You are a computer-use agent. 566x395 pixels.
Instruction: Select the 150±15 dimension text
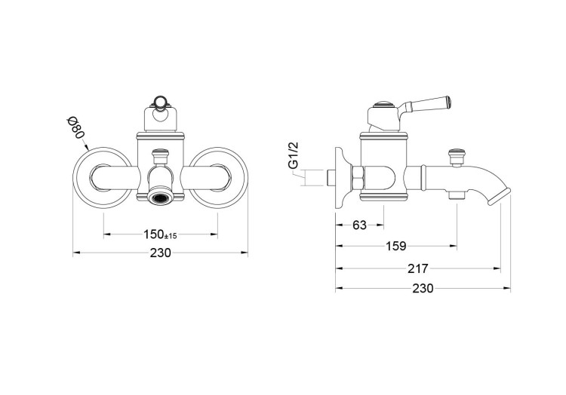[x=160, y=235]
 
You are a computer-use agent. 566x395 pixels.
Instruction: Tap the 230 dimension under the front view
[x=160, y=253]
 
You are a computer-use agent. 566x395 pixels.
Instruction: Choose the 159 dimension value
[x=395, y=246]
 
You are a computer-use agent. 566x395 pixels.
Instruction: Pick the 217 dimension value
[x=417, y=268]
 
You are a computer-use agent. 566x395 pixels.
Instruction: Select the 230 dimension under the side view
[x=423, y=289]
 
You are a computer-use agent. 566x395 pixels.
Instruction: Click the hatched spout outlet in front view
[x=160, y=198]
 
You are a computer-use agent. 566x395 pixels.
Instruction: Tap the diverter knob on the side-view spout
[x=455, y=157]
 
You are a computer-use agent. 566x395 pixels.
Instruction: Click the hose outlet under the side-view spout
[x=455, y=196]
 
